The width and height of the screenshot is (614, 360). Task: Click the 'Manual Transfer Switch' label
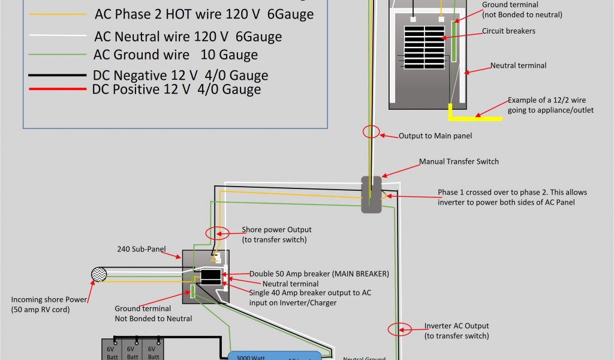459,161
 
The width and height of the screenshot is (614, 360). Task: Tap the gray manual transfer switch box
372,194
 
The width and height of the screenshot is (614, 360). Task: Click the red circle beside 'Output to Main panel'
371,132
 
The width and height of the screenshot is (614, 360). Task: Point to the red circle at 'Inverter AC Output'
399,329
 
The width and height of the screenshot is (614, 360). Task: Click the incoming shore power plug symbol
98,275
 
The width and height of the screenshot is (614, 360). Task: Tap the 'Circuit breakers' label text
508,31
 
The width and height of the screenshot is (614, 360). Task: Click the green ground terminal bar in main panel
455,42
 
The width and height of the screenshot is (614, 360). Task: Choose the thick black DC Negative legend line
57,76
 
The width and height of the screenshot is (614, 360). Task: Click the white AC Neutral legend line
57,37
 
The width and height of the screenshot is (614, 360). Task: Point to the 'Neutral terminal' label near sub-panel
290,284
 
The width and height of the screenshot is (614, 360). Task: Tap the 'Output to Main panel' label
435,136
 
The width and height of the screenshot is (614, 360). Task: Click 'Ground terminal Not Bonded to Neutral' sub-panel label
153,313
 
